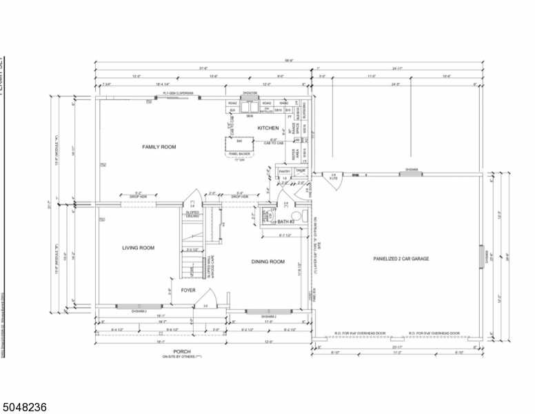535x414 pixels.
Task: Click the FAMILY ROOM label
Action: pos(159,147)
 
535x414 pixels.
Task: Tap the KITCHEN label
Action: pos(268,128)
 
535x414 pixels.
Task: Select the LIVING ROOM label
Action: pos(138,248)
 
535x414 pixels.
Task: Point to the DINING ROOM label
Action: pos(267,262)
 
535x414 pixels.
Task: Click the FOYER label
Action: pos(189,290)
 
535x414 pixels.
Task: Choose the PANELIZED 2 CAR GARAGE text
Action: pos(401,259)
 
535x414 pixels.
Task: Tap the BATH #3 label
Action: pos(286,221)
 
